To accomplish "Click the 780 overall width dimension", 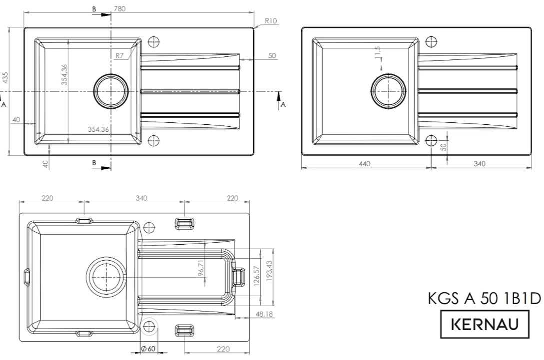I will tap(120, 8).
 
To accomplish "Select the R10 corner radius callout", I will tap(271, 21).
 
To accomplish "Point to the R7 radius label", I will tap(120, 55).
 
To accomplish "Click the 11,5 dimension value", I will tap(378, 51).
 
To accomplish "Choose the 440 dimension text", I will tap(365, 164).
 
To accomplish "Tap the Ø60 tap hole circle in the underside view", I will tap(148, 327).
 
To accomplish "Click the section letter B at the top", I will tap(93, 9).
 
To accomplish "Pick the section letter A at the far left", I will tap(3, 105).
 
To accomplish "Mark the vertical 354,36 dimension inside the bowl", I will tap(64, 74).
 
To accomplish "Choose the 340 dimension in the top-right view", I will tap(479, 164).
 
